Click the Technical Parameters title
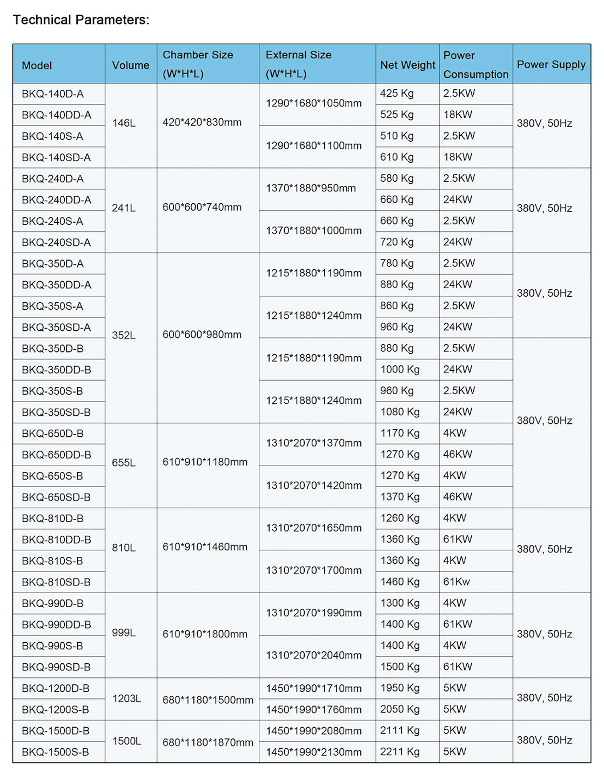tap(81, 20)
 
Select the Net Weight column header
tap(407, 65)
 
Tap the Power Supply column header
tap(551, 64)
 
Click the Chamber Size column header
tap(198, 64)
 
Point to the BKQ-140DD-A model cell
tap(56, 115)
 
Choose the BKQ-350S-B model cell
tap(52, 391)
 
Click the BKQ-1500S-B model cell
tap(55, 752)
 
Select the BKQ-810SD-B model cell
tap(56, 582)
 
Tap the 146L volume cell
tap(124, 123)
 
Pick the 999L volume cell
tap(124, 633)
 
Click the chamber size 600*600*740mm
tap(202, 207)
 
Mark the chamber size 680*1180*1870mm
tap(208, 742)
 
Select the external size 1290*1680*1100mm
tap(314, 145)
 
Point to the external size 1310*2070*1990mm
tap(314, 613)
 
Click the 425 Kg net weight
tap(397, 93)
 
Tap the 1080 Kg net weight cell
tap(400, 412)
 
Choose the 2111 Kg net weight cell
tap(400, 730)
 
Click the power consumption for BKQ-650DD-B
tap(458, 454)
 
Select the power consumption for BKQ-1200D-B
tap(454, 688)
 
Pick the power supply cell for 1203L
tap(545, 697)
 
